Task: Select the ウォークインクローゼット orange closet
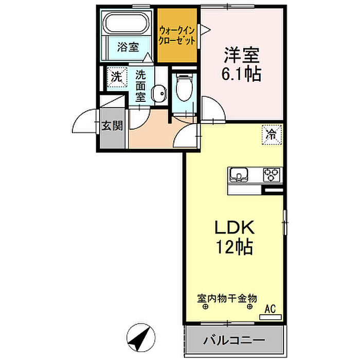pos(177,34)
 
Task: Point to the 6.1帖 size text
pos(241,75)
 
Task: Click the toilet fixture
pos(184,87)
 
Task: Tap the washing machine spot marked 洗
pos(117,77)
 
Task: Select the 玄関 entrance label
pos(112,125)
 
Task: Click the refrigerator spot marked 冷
pos(271,135)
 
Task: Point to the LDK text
pos(234,228)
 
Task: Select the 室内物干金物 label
pos(227,297)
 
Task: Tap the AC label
pos(271,309)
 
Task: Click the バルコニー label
pos(233,340)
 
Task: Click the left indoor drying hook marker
pos(205,308)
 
